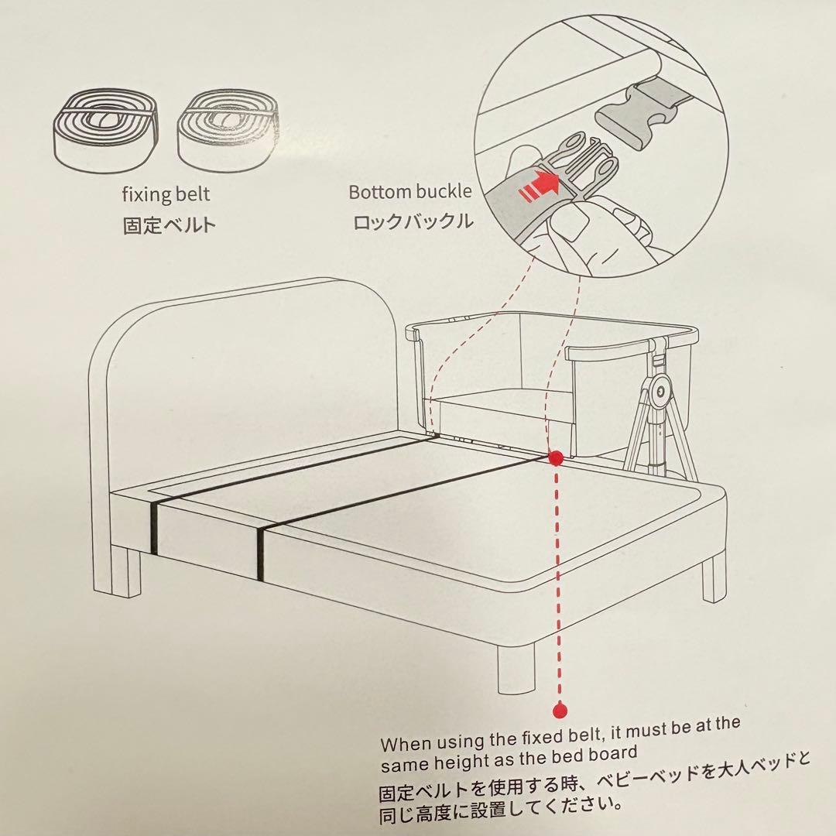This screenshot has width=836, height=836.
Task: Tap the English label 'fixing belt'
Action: click(166, 194)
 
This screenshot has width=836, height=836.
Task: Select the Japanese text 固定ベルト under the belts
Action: click(170, 224)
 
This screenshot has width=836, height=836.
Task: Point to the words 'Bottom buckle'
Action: click(410, 191)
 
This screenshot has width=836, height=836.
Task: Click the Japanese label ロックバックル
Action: click(413, 221)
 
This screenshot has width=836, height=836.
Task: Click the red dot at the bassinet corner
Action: click(556, 457)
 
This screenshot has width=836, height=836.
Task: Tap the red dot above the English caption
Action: click(560, 710)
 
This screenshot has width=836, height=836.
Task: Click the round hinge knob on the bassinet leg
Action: click(660, 392)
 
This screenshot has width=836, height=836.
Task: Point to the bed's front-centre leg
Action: click(516, 668)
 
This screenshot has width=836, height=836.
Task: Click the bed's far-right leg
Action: click(714, 578)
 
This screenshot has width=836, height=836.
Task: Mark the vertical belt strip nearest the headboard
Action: click(154, 527)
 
